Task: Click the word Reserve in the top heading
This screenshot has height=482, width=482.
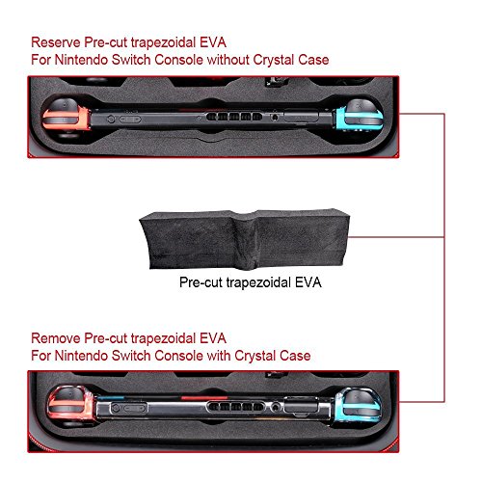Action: point(56,42)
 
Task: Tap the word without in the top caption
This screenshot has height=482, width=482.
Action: point(228,60)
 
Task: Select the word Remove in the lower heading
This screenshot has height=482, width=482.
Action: point(56,338)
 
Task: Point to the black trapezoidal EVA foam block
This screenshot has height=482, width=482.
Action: point(244,239)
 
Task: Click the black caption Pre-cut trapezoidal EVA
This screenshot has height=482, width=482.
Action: point(251,282)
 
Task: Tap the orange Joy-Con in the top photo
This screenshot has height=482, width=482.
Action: point(66,119)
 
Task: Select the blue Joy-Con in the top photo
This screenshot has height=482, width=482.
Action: point(360,118)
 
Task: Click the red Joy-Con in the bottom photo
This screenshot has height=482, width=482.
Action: point(71,407)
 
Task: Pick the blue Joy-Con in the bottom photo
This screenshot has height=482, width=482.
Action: point(359,406)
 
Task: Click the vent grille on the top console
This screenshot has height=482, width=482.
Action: point(234,117)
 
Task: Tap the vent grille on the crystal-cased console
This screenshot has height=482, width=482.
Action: point(235,407)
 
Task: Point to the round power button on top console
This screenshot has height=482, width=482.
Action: point(111,119)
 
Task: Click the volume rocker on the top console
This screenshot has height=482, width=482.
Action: point(130,120)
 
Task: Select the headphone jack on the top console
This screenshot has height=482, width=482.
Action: point(275,117)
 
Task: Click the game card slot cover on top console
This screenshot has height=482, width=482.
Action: point(301,116)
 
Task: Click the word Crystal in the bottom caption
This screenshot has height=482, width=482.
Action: point(254,356)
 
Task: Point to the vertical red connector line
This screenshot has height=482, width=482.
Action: point(444,257)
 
